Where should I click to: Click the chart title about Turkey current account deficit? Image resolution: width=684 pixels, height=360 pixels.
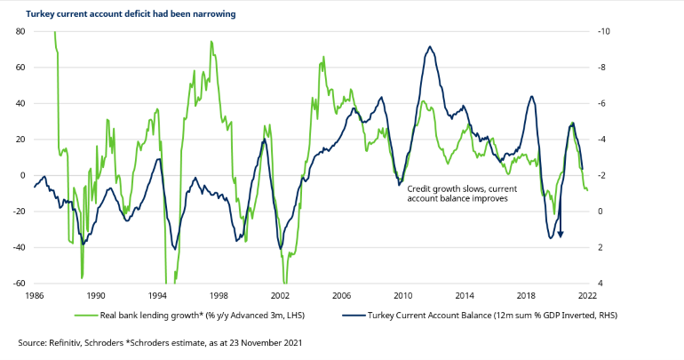coord(123,14)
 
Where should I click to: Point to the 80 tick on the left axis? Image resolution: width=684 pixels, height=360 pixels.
coord(19,31)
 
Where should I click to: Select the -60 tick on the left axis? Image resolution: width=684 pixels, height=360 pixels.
coord(17,284)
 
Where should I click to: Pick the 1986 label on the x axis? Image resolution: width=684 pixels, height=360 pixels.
coord(35,295)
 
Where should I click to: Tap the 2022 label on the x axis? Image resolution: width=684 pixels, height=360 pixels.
coord(587,295)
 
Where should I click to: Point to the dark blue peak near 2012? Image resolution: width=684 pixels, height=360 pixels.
coord(430,47)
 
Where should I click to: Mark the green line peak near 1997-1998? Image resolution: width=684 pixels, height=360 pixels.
coord(211,42)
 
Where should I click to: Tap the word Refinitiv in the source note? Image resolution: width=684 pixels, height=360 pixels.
coord(65,342)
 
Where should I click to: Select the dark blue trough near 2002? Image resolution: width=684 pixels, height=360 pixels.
coord(280,248)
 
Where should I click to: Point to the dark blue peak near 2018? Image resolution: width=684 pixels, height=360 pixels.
coord(531,97)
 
